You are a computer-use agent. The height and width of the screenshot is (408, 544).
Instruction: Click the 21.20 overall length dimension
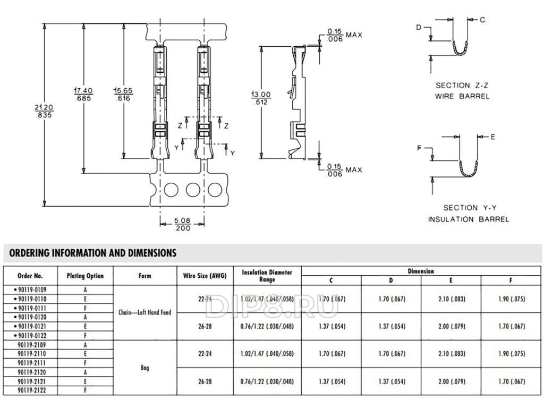click(44, 111)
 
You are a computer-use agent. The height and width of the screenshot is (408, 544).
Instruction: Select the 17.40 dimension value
click(83, 95)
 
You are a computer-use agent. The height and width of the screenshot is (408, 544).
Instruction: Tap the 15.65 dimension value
click(123, 95)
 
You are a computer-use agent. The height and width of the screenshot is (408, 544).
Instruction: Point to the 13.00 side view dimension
click(261, 98)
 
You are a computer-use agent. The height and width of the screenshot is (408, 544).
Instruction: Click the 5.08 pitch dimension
click(182, 224)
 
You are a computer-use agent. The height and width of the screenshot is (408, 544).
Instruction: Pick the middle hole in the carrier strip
click(193, 190)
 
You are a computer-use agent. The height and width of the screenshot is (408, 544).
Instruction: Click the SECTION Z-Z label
click(462, 86)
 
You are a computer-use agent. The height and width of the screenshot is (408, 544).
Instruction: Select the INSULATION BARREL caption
click(469, 219)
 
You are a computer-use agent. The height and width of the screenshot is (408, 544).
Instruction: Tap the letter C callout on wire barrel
click(482, 20)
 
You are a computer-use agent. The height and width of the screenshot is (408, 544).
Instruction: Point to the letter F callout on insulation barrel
click(419, 148)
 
